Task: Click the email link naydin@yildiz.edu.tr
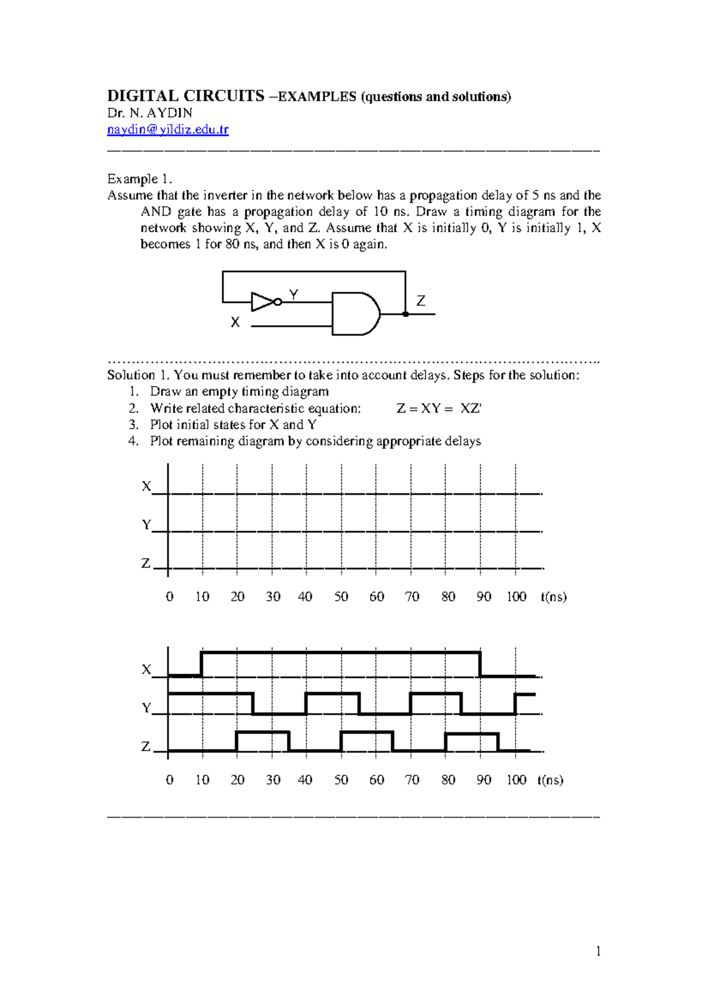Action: [168, 130]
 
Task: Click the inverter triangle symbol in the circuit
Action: [261, 302]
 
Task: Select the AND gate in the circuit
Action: [354, 314]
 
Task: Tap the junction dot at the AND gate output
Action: [405, 314]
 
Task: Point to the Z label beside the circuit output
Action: [421, 301]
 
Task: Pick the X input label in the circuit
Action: [235, 322]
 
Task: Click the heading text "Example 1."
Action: [139, 179]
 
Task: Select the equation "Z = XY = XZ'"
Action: [439, 409]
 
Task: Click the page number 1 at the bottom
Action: [598, 951]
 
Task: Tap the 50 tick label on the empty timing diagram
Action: [341, 597]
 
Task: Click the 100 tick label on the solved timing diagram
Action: [516, 780]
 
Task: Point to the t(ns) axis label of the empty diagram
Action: [553, 597]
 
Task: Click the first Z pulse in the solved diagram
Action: [263, 740]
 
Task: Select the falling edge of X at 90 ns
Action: [480, 664]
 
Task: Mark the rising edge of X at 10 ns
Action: [202, 664]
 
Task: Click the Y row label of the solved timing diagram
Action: [146, 708]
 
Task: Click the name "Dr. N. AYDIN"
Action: [150, 113]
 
